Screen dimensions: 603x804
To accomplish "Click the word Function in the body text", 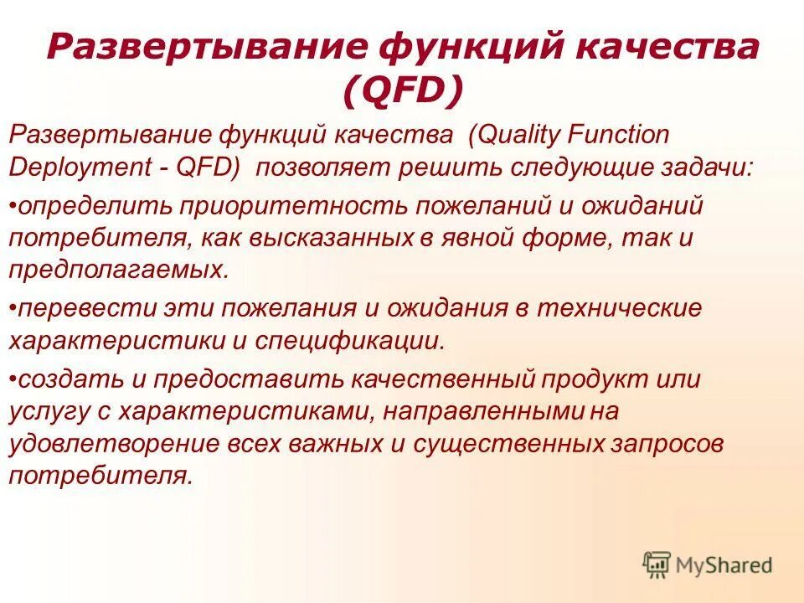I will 621,134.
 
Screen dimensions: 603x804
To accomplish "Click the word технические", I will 619,308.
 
